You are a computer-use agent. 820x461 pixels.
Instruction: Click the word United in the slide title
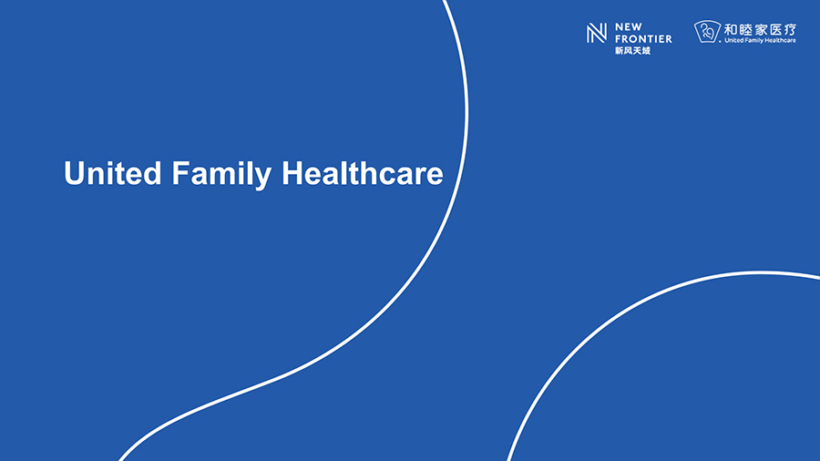(112, 173)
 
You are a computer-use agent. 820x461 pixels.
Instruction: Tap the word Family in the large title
(221, 174)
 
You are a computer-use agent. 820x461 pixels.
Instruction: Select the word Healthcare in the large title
(363, 173)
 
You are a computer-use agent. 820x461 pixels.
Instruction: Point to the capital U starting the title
(75, 173)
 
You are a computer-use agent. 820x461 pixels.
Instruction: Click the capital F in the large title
(179, 173)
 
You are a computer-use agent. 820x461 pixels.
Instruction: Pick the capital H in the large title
(292, 173)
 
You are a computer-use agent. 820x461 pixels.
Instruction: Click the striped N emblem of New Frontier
(597, 33)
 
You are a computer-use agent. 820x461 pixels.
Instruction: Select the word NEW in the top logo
(629, 27)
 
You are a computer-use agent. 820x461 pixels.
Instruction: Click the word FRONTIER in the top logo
(643, 38)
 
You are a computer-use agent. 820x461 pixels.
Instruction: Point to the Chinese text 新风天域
(633, 51)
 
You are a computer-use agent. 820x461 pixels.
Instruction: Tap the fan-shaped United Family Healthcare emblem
(708, 31)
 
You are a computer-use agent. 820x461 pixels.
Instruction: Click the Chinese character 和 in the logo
(731, 29)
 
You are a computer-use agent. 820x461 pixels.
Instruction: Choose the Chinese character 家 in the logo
(761, 29)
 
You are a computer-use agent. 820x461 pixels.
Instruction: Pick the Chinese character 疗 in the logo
(790, 29)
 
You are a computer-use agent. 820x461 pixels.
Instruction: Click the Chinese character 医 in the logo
(775, 29)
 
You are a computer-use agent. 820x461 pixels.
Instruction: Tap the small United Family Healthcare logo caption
(761, 40)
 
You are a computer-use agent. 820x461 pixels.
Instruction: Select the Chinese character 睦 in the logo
(746, 29)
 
